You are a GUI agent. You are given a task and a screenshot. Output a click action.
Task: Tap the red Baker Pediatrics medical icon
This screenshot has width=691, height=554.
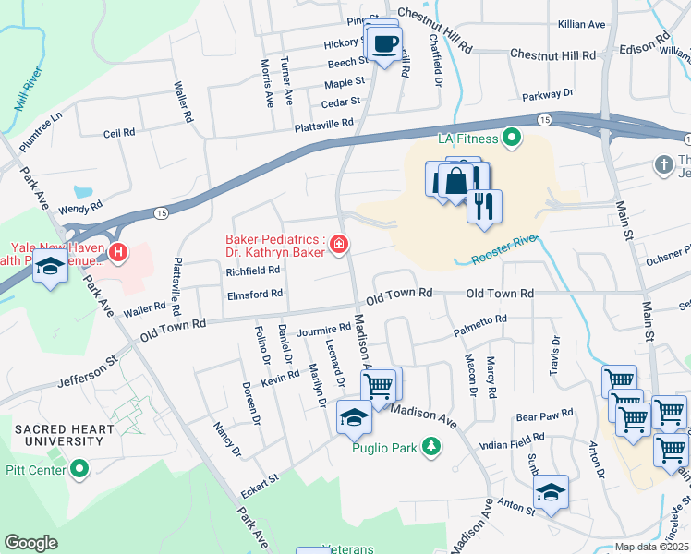340,245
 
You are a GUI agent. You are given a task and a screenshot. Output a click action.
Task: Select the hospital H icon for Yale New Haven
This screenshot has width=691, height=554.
117,251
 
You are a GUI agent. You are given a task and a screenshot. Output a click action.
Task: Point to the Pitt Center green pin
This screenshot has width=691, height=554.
80,470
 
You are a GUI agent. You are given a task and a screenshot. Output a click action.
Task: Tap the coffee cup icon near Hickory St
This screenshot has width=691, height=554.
384,42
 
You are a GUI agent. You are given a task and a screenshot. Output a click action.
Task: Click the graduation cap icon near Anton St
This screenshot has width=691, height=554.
551,491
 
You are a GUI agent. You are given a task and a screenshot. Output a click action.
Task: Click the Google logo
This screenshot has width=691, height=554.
31,543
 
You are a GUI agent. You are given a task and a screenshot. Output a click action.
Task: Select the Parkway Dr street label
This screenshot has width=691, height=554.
547,93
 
